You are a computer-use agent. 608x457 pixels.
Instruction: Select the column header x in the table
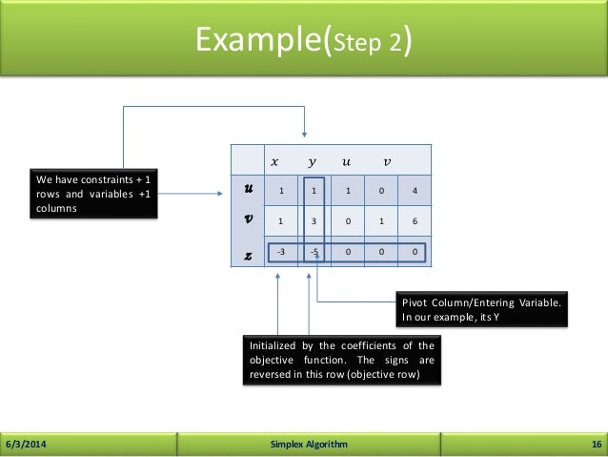pos(276,159)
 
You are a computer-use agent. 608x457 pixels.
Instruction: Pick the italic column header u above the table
pos(349,159)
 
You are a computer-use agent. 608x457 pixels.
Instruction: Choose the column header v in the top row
pos(385,159)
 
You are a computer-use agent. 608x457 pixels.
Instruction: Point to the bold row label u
pos(248,191)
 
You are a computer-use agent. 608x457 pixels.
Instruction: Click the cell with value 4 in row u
pos(415,191)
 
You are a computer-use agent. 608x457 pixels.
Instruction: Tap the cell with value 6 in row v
pos(415,221)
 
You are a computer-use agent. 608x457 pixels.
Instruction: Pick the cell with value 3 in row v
pos(314,221)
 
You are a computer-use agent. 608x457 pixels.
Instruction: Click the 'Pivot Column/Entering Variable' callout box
pos(482,310)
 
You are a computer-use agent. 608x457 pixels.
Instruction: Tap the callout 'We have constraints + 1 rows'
pos(93,194)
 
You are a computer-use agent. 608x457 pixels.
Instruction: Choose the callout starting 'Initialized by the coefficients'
pos(340,360)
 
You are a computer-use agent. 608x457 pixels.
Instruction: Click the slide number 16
pos(594,445)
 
